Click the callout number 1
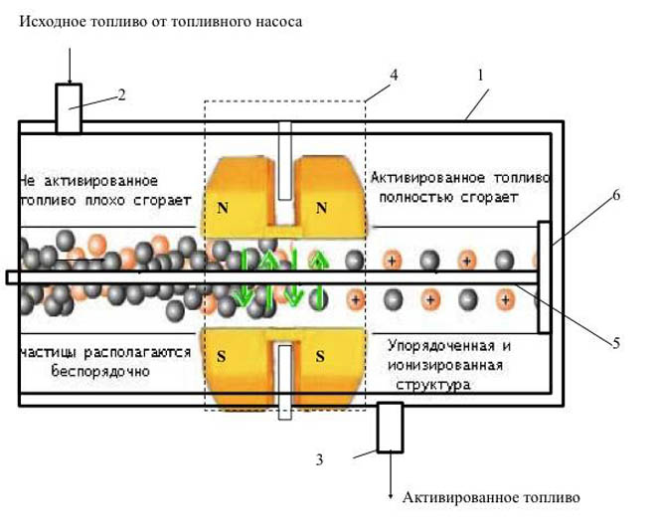[480, 75]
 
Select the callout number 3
[319, 460]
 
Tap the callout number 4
[394, 75]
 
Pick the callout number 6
[615, 196]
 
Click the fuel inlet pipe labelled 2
[68, 107]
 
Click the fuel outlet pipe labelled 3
[389, 428]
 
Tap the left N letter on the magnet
[222, 209]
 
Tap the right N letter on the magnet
[320, 209]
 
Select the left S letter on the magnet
[222, 355]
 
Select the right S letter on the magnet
[320, 355]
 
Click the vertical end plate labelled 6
[544, 277]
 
